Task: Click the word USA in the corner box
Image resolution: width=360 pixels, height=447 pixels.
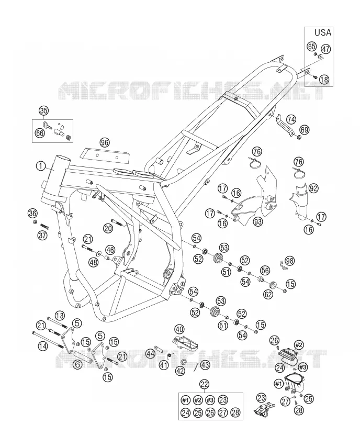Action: click(x=323, y=32)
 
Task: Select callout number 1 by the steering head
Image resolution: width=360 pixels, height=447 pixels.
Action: click(x=41, y=165)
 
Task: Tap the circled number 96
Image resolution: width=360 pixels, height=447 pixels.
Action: click(x=105, y=142)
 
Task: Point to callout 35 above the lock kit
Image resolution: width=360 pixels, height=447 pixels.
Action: click(x=43, y=110)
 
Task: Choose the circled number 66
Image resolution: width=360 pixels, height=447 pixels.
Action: click(x=40, y=132)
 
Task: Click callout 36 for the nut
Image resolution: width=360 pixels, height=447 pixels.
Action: click(x=32, y=213)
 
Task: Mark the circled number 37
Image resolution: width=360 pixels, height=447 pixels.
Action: click(x=43, y=235)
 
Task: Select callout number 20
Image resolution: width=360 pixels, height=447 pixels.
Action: click(x=108, y=228)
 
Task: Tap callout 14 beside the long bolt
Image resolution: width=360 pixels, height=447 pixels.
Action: click(x=43, y=346)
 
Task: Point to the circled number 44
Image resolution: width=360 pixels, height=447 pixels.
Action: click(x=150, y=354)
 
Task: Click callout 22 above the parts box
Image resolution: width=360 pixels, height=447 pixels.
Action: click(x=205, y=384)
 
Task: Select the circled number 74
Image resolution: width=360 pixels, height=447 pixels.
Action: click(x=291, y=119)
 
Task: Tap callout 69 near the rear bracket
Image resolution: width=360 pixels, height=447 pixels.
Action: click(x=305, y=130)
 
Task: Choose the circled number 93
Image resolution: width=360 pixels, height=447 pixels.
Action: click(x=257, y=221)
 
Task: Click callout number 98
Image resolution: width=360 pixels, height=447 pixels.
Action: click(x=290, y=261)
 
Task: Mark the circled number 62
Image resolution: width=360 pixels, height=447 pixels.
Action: click(x=268, y=294)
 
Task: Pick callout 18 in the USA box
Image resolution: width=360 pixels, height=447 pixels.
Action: click(x=324, y=79)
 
